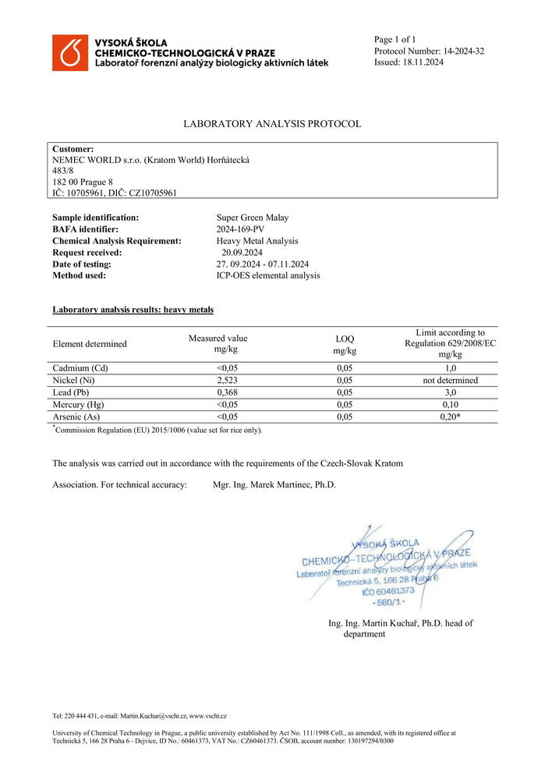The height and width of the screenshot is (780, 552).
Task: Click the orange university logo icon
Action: (70, 52)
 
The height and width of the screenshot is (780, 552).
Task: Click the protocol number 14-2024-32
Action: (458, 51)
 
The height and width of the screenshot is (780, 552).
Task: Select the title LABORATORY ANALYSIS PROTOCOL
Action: (272, 124)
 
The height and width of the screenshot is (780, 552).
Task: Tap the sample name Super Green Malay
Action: (252, 218)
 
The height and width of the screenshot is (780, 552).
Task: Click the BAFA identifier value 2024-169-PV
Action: (241, 229)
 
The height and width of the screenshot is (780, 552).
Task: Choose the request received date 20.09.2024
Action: (242, 253)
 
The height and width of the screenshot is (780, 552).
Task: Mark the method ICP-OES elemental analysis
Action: (267, 275)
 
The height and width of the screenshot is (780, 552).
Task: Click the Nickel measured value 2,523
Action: (218, 381)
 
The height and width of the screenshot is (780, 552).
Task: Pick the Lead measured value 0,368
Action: (218, 393)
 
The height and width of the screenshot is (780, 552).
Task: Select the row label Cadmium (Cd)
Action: (79, 368)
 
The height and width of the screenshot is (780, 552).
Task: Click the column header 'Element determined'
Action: (89, 344)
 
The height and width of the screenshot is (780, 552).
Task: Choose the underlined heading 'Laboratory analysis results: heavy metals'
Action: (133, 310)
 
